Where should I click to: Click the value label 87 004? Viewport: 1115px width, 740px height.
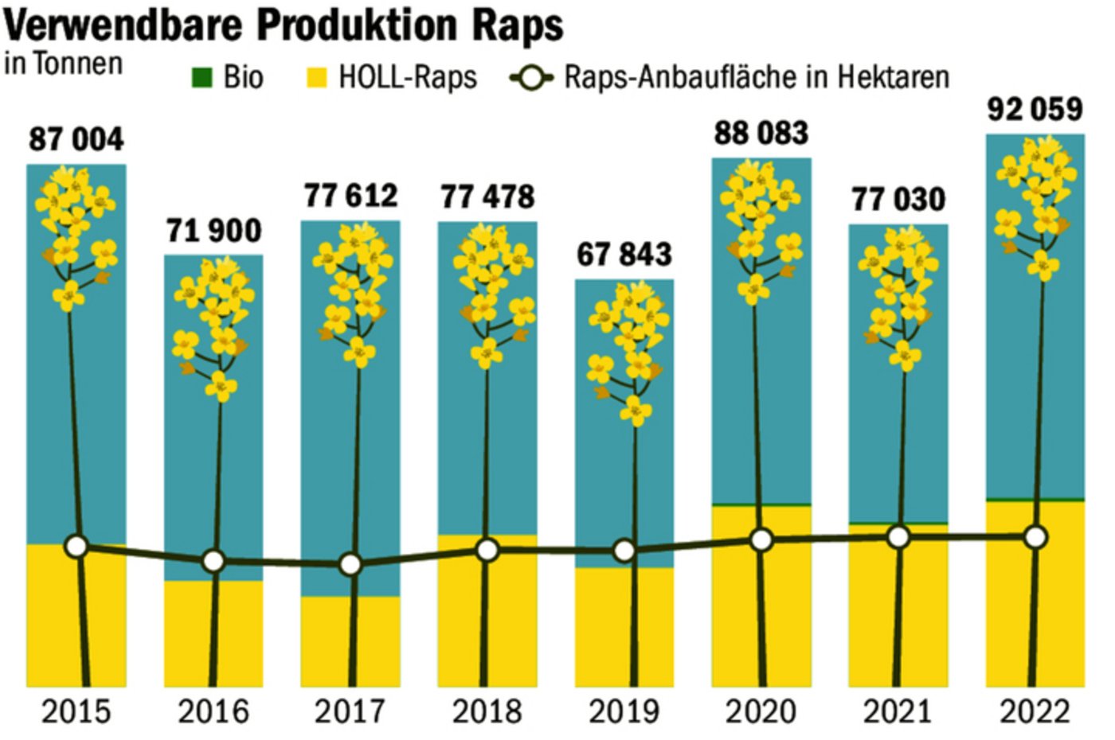coord(76,139)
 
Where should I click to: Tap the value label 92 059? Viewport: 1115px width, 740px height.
coord(1035,109)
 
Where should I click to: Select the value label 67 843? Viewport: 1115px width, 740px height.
coord(624,255)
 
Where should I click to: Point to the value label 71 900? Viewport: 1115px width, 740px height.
coord(213,231)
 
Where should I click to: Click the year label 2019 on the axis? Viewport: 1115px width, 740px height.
coord(624,711)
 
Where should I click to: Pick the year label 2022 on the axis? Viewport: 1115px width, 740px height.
coord(1035,711)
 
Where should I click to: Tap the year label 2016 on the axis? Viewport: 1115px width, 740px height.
coord(213,711)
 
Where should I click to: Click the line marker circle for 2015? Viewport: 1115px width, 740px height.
coord(76,547)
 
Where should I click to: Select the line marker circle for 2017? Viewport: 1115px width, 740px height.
coord(350,565)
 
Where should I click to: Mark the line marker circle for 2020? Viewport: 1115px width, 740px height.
coord(761,540)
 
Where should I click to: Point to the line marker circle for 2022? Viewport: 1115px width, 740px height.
coord(1035,537)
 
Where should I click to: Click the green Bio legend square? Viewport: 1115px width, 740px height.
coord(202,78)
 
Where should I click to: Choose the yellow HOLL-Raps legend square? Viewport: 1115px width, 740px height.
coord(317,78)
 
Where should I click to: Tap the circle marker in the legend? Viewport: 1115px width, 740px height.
coord(531,79)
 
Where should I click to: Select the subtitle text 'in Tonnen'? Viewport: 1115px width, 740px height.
coord(64,64)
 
